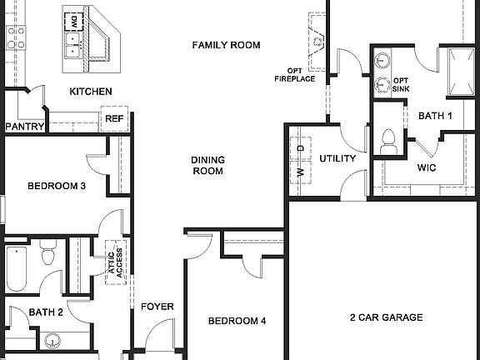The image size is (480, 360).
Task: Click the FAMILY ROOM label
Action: click(x=226, y=45)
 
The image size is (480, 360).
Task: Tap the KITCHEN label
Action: click(x=90, y=92)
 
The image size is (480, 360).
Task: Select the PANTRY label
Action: click(x=24, y=127)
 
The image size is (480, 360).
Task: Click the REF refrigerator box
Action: click(x=114, y=120)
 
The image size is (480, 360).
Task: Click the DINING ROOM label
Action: click(x=207, y=165)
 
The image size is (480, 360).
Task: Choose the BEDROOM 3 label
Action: click(x=56, y=186)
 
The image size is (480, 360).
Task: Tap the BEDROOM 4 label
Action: click(x=237, y=321)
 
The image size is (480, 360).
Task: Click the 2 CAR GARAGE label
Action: click(x=386, y=317)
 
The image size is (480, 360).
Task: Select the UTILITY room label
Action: click(x=337, y=158)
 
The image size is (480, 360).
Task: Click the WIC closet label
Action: click(x=427, y=167)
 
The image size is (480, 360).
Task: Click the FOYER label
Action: click(x=157, y=307)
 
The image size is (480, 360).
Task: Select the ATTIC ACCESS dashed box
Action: click(x=115, y=262)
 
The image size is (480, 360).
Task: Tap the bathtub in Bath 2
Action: click(x=17, y=267)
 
